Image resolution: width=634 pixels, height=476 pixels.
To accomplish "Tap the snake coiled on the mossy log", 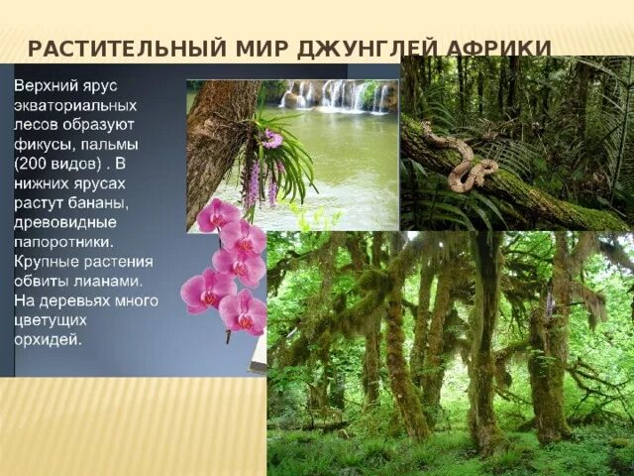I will pyautogui.click(x=457, y=159).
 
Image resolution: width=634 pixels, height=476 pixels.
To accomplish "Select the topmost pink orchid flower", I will pyautogui.click(x=217, y=214).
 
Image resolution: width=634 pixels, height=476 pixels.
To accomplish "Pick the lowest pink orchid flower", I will pyautogui.click(x=243, y=312).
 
